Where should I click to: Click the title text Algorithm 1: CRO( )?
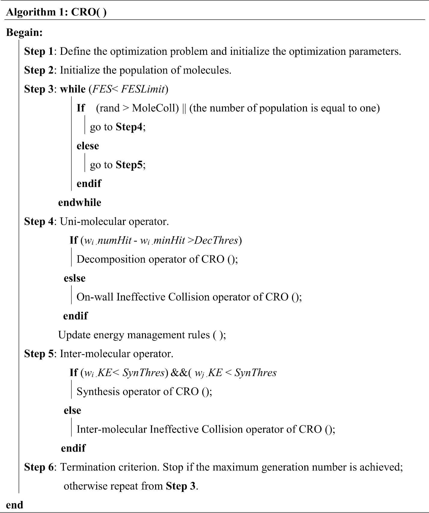[56, 12]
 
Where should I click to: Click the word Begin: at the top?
[24, 33]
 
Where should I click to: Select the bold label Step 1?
[39, 51]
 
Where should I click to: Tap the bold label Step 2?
[39, 70]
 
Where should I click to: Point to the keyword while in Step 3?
[73, 89]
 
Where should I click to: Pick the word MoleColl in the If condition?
[155, 108]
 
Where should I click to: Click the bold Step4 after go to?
[129, 127]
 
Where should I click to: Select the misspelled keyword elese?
[88, 146]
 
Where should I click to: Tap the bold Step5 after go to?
[129, 165]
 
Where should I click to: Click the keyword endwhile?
[80, 203]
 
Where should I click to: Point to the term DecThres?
[216, 240]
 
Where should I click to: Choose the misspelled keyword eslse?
[74, 278]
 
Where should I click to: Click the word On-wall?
[95, 297]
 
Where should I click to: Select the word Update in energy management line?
[74, 335]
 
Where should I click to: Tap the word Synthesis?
[98, 391]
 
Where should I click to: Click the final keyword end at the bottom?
[14, 505]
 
